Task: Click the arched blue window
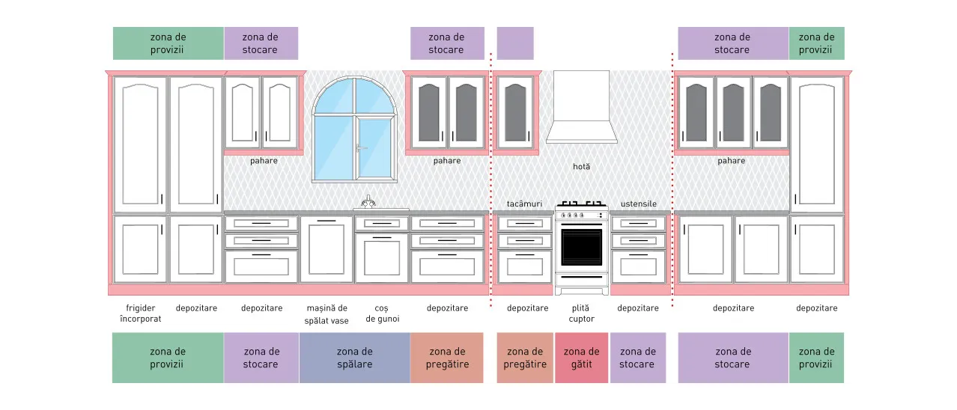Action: (x=354, y=129)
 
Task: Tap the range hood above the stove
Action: (x=581, y=107)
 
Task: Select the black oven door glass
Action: (x=581, y=247)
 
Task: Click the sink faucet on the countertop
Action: (x=368, y=201)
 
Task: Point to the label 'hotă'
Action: (x=581, y=166)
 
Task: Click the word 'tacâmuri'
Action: (x=524, y=204)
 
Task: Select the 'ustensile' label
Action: (x=638, y=204)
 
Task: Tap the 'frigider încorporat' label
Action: (x=141, y=313)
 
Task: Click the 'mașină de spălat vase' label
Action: (x=326, y=314)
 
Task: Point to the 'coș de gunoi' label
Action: (x=383, y=313)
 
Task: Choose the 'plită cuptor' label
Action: (x=581, y=313)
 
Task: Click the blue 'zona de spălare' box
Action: (x=355, y=358)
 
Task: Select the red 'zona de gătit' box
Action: (x=581, y=358)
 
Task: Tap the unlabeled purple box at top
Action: (x=515, y=43)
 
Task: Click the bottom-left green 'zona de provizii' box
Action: (x=168, y=358)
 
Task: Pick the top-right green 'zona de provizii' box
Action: (x=816, y=43)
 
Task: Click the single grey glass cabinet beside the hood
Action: (x=516, y=113)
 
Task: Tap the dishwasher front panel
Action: (x=326, y=250)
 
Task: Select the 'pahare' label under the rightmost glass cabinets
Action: (x=731, y=161)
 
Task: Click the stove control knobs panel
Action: (x=581, y=215)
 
